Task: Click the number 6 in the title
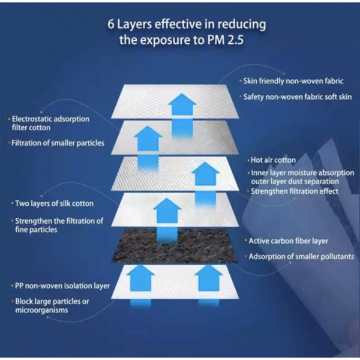(110, 25)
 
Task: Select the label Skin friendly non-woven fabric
(293, 81)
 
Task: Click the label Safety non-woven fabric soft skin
(298, 97)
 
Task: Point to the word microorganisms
(41, 310)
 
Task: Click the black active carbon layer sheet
(175, 246)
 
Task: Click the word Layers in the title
(134, 25)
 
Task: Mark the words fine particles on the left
(36, 230)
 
